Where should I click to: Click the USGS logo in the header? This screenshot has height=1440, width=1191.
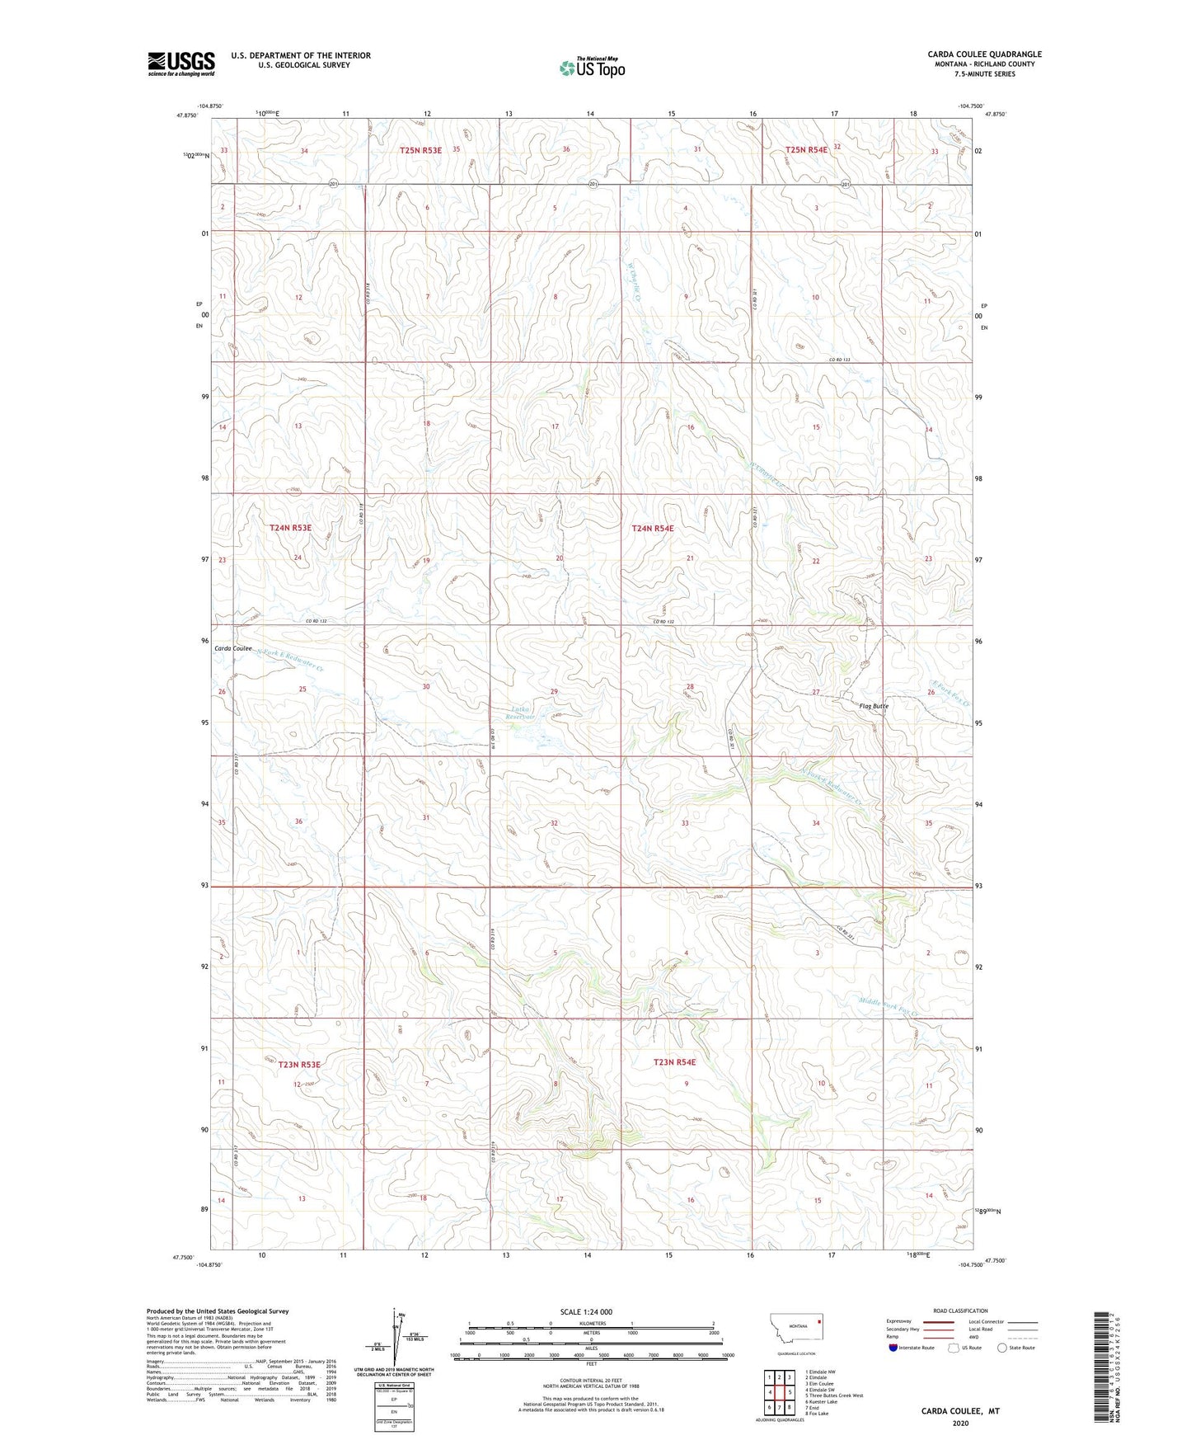coord(181,64)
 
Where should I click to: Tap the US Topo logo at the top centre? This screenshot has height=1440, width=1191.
coord(591,68)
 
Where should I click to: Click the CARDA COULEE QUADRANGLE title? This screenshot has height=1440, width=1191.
coord(984,54)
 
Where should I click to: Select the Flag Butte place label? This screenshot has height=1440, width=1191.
coord(874,706)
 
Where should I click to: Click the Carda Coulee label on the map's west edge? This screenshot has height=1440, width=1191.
coord(233,648)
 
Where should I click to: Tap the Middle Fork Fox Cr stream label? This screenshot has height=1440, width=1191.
coord(888,1006)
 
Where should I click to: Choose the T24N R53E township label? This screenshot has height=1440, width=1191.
coord(291,527)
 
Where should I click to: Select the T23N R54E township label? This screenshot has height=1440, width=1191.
coord(674,1062)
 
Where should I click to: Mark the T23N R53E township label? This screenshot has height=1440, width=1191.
coord(298,1065)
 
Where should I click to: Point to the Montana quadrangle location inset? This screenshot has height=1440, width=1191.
coord(795,1330)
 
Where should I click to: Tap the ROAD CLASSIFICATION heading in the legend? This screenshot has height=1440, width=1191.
coord(960,1311)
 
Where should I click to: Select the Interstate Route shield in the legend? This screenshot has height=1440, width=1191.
coord(893,1348)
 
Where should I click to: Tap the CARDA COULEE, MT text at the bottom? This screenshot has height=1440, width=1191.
coord(960,1411)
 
